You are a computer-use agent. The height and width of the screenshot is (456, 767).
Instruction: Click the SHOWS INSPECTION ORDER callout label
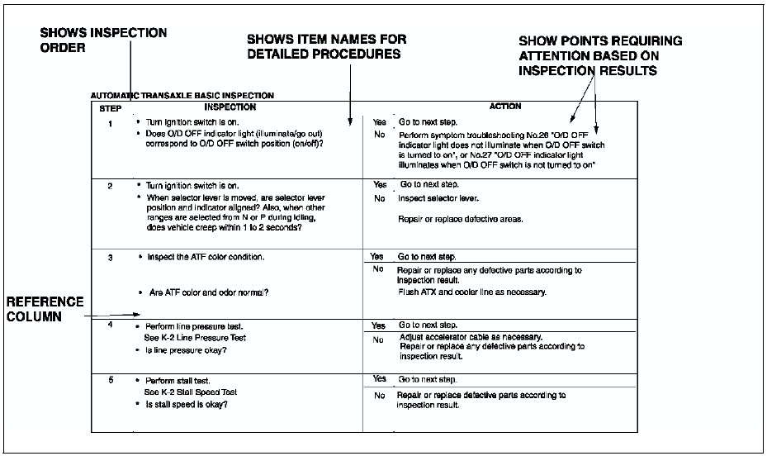point(104,40)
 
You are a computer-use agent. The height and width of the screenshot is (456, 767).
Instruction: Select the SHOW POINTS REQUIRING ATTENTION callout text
point(600,55)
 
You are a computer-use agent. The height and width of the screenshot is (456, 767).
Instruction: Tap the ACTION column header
point(504,107)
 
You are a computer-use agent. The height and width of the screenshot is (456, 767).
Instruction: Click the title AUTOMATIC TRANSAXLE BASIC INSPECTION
point(182,96)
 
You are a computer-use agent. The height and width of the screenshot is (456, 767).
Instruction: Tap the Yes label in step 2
point(380,184)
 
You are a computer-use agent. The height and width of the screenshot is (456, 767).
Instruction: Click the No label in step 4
point(379,340)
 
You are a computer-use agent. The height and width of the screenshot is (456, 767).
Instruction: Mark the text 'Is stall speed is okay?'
point(185,405)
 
